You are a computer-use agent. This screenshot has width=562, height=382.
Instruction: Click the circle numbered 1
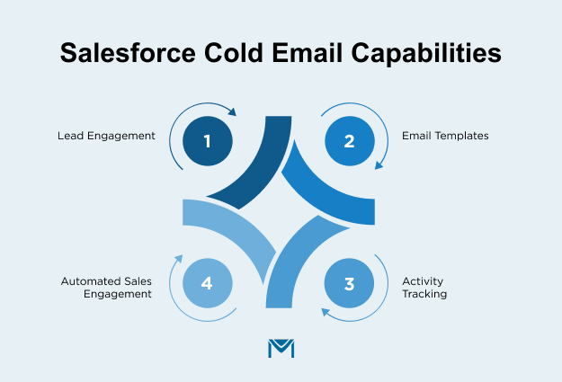(207, 140)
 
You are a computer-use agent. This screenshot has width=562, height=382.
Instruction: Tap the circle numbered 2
(350, 140)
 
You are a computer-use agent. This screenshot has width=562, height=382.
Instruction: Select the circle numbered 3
(350, 283)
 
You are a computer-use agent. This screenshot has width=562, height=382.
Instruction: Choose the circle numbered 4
(207, 283)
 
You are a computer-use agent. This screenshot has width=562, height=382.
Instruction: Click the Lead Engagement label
(106, 137)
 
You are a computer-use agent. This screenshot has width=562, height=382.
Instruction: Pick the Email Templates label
(445, 137)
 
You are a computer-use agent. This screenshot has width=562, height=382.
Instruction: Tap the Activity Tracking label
(424, 288)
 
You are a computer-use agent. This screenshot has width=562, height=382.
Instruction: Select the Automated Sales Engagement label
(107, 288)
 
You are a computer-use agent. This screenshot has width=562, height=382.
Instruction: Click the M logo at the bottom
(281, 348)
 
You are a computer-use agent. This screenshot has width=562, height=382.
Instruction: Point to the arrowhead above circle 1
(232, 113)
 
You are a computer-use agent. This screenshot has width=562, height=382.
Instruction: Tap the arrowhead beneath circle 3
(326, 313)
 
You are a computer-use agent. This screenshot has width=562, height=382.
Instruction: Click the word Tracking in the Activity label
(424, 294)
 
